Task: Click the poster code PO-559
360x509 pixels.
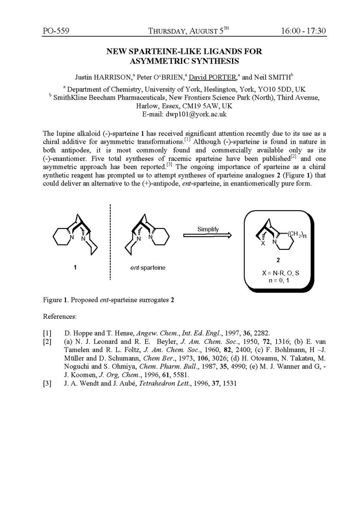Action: tap(56, 31)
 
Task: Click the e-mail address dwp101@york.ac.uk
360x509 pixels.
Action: tap(197, 114)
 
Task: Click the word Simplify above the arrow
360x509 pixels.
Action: tap(207, 229)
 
